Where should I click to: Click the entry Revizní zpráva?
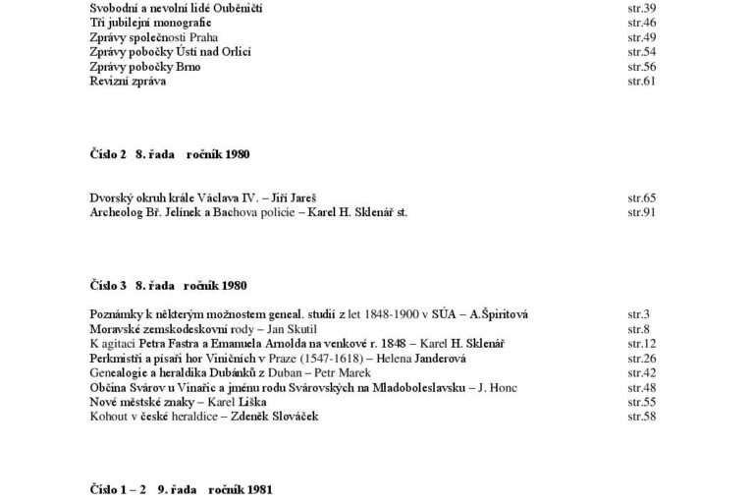point(128,81)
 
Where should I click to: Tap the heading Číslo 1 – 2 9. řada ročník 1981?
point(181,488)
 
